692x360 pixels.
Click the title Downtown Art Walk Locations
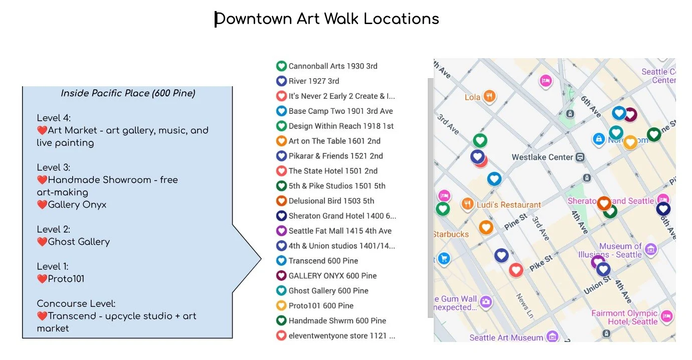327,19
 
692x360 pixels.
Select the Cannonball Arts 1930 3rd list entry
333,66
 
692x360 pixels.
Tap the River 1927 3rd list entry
314,81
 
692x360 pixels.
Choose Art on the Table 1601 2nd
334,141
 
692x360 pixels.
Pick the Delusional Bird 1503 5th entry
331,201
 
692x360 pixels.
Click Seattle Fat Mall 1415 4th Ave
340,231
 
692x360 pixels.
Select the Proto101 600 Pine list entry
321,306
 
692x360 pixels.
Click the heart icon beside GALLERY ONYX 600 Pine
281,276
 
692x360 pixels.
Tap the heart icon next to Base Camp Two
281,111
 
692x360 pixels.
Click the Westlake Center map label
542,157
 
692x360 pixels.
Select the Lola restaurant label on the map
472,97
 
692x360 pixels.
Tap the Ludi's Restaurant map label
508,205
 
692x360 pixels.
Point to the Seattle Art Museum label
506,337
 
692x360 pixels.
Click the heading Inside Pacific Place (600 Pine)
128,93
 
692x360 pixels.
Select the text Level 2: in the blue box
53,229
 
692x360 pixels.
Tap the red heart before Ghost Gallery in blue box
42,242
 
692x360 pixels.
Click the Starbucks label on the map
451,234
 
